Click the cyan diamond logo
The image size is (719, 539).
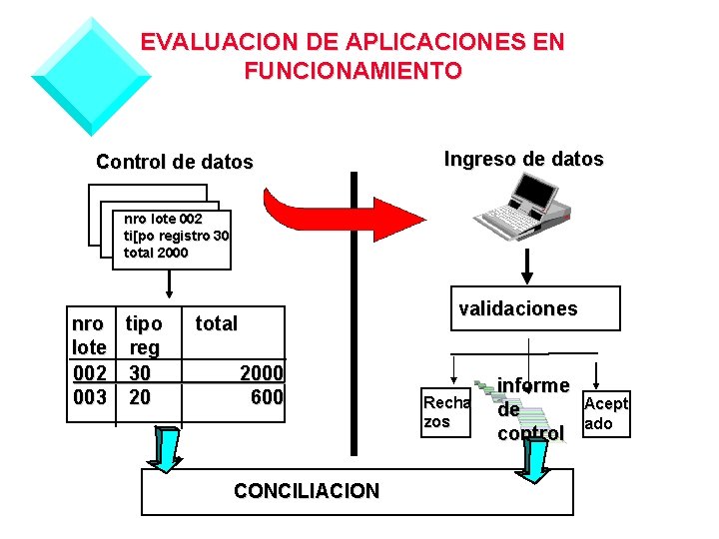(x=90, y=76)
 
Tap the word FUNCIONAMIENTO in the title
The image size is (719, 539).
(x=353, y=71)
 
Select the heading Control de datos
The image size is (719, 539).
(x=175, y=162)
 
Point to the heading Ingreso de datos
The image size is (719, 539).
(x=523, y=159)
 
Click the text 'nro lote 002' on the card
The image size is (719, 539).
(x=163, y=219)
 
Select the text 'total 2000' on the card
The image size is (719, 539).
(x=155, y=253)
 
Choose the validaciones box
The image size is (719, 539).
(x=517, y=308)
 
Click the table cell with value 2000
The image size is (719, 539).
(x=262, y=373)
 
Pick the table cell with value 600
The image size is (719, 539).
(x=267, y=397)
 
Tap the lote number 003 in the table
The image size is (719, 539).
(x=89, y=397)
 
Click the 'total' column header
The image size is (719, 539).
(x=216, y=323)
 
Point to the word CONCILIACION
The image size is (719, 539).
(x=306, y=491)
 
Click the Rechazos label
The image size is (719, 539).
(x=445, y=412)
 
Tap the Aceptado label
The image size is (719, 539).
(x=605, y=413)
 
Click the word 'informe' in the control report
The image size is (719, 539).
(x=533, y=385)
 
